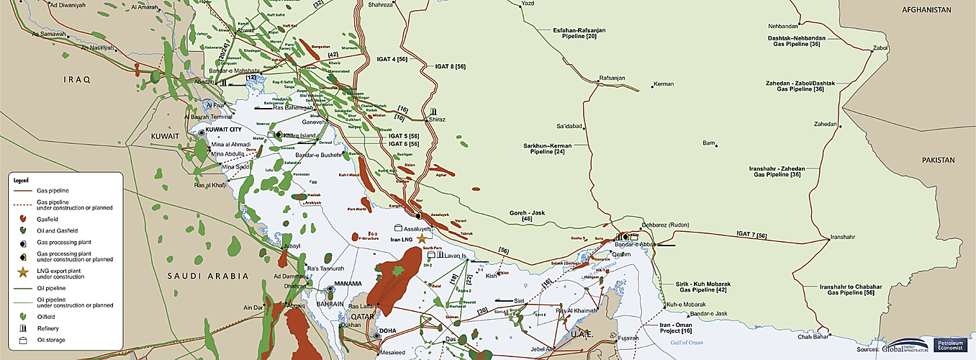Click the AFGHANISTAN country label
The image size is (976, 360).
coord(933,10)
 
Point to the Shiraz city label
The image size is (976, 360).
coord(438,120)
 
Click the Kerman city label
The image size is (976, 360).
coord(664,84)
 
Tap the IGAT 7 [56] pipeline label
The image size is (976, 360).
coord(751,235)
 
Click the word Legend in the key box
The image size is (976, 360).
coord(21,180)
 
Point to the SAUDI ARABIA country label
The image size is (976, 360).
coord(207,276)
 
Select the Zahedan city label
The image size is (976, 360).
coord(825,124)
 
